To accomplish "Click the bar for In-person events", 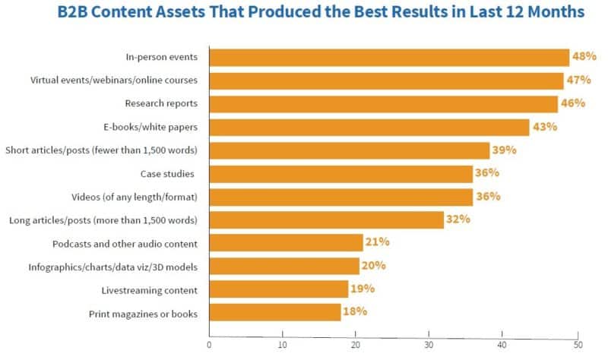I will pyautogui.click(x=388, y=58).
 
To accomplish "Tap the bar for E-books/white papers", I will pyautogui.click(x=369, y=128).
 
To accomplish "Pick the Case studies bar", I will pyautogui.click(x=340, y=174).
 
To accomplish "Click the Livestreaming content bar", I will pyautogui.click(x=278, y=289).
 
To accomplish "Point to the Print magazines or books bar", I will pyautogui.click(x=274, y=312).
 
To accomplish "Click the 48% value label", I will pyautogui.click(x=584, y=57).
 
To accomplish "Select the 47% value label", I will pyautogui.click(x=578, y=80).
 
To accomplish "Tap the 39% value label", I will pyautogui.click(x=504, y=150).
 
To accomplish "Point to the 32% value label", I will pyautogui.click(x=458, y=219).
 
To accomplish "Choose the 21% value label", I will pyautogui.click(x=377, y=242).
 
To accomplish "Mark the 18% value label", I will pyautogui.click(x=355, y=311).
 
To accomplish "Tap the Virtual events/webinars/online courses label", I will pyautogui.click(x=114, y=81).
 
